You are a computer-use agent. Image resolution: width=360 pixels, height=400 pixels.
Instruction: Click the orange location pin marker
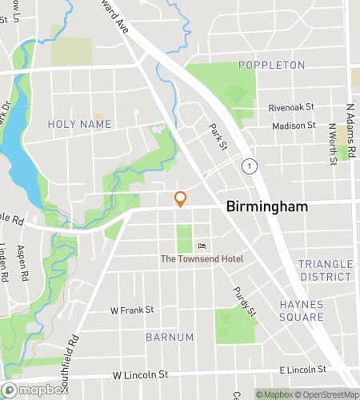pos(181,199)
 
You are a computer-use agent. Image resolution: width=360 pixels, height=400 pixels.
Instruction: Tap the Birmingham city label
pos(267,206)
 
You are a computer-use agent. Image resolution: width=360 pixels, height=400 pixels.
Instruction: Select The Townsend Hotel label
pos(202,258)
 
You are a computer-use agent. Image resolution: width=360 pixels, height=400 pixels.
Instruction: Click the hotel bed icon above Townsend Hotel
pos(202,245)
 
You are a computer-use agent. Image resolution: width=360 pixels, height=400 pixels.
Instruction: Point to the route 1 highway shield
pos(251,166)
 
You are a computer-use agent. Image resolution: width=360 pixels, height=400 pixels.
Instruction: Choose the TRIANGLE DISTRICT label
pos(325,270)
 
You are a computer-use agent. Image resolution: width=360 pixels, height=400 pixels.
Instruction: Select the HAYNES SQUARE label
pos(302,310)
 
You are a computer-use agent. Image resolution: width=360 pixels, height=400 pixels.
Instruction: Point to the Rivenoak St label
pos(292,106)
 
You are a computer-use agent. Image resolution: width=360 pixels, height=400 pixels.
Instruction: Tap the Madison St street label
pos(294,126)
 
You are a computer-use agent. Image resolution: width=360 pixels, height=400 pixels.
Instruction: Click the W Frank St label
pos(132,310)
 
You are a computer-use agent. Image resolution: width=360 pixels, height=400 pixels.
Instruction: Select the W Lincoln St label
pos(141,374)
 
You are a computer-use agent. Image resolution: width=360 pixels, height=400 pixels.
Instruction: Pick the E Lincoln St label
pos(303,370)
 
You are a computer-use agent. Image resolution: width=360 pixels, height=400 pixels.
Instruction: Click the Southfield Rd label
pos(74,351)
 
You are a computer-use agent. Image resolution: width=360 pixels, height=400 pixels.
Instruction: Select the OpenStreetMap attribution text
pos(327,394)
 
